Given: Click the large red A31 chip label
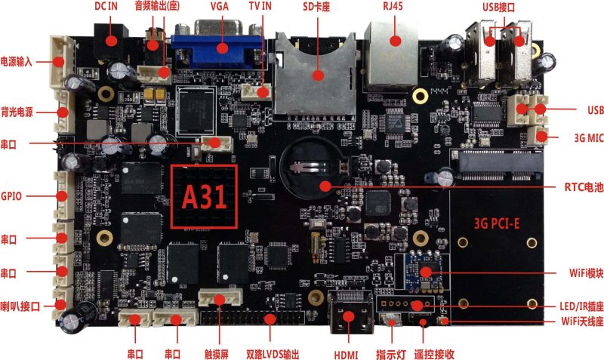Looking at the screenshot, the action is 204,197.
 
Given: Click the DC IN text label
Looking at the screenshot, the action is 106,6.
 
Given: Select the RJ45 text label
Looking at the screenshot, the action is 393,6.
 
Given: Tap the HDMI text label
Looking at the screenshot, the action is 346,355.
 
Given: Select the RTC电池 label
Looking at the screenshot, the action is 584,187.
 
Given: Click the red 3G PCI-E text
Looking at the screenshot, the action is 497,223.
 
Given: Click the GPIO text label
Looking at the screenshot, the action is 11,196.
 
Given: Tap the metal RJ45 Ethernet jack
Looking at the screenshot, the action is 391,57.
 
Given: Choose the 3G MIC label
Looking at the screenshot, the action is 589,138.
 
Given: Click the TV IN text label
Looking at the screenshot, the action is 260,6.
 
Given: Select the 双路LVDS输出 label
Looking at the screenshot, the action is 273,355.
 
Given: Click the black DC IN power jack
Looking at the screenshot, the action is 110,41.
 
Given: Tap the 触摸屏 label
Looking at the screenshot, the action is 217,355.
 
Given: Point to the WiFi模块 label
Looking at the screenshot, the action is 586,273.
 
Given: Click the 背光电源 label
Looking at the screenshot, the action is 17,112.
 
